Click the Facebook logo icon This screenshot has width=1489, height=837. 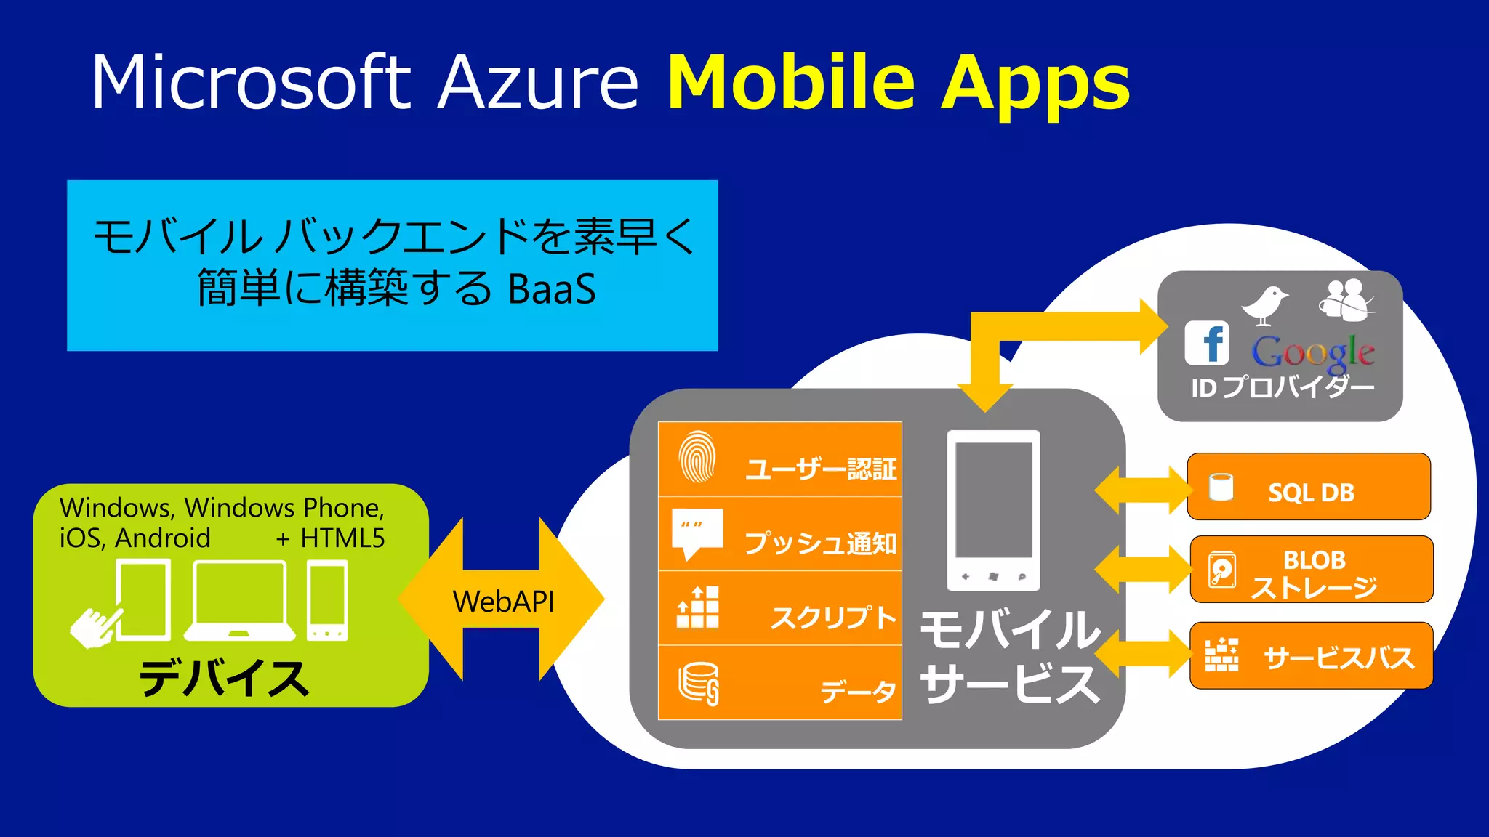(x=1207, y=343)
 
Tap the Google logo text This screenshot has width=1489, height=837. (x=1312, y=352)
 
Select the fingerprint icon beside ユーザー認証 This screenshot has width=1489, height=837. (x=697, y=457)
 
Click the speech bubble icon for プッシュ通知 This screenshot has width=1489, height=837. (x=697, y=533)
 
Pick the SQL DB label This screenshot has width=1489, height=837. (x=1311, y=493)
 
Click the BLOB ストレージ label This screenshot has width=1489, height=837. (x=1314, y=573)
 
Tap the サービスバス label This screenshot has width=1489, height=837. (x=1339, y=658)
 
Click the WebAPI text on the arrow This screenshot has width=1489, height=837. (x=503, y=602)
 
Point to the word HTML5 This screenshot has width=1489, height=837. (x=342, y=538)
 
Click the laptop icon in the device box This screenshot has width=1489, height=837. (x=240, y=600)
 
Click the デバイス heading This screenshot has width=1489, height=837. (x=224, y=679)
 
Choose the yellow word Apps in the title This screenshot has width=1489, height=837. (x=1035, y=84)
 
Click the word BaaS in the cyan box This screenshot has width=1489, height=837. (x=552, y=289)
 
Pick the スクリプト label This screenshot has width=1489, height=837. (x=833, y=618)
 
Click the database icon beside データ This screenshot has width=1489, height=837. (x=699, y=684)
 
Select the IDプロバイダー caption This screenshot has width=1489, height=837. (x=1283, y=387)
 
